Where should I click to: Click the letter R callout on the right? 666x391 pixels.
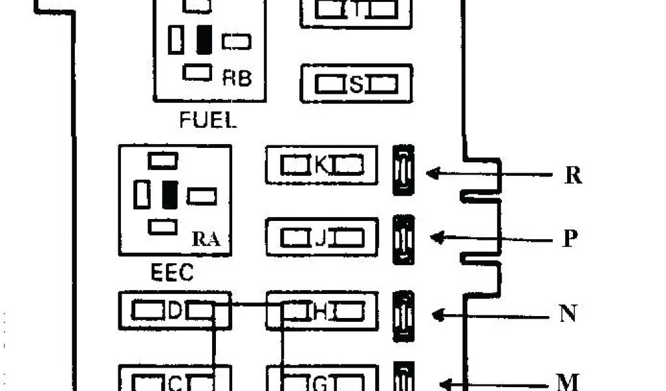point(572,175)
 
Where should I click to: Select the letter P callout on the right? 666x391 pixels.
point(569,239)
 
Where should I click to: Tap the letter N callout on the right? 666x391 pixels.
point(568,314)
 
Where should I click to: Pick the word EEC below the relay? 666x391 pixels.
point(172,272)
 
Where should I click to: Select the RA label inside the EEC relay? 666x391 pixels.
point(206,240)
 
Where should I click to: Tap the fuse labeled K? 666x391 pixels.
point(321,165)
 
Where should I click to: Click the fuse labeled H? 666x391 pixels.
point(321,312)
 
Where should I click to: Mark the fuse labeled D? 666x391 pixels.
point(174,311)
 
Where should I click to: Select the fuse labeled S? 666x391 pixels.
point(356,83)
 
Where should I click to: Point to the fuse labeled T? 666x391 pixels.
point(356,9)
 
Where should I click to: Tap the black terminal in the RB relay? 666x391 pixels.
point(204,40)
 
